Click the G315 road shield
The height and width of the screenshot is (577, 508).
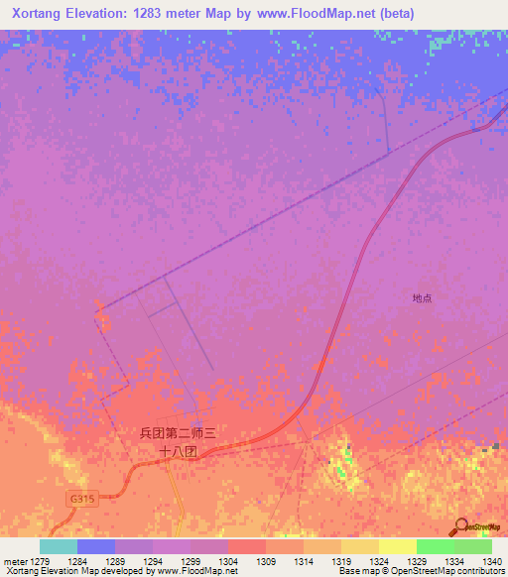(83, 499)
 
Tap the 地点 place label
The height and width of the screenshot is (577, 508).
(423, 297)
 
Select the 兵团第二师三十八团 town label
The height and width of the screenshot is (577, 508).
(179, 441)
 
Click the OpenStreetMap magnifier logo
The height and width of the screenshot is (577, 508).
(459, 526)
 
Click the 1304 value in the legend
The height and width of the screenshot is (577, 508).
(227, 562)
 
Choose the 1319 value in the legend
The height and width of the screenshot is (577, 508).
(340, 562)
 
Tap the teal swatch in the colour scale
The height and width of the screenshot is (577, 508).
(58, 546)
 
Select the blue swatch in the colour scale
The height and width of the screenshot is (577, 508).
(95, 546)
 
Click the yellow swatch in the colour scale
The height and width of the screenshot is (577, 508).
(397, 546)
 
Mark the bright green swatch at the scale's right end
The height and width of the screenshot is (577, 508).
(472, 546)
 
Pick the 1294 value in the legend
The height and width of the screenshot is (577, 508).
(152, 562)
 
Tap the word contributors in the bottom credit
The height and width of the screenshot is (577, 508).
(483, 571)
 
